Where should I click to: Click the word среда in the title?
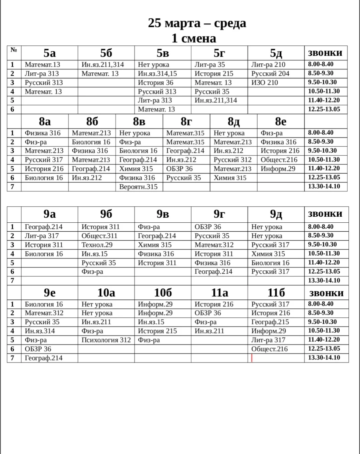pyautogui.click(x=230, y=23)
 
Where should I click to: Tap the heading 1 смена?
pyautogui.click(x=194, y=38)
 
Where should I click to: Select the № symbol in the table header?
pyautogui.click(x=14, y=50)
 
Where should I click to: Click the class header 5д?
pyautogui.click(x=276, y=53)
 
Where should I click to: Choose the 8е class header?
pyautogui.click(x=281, y=122)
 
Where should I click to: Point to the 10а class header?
pyautogui.click(x=106, y=293)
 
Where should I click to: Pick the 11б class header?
pyautogui.click(x=276, y=293)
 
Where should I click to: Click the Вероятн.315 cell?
pyautogui.click(x=138, y=187)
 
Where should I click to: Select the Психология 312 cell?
pyautogui.click(x=106, y=340)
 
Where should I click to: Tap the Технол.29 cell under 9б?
pyautogui.click(x=97, y=245)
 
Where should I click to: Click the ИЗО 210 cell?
pyautogui.click(x=265, y=82)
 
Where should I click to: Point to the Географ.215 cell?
pyautogui.click(x=270, y=322)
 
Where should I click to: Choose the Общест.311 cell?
pyautogui.click(x=99, y=236)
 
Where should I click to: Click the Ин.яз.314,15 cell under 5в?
pyautogui.click(x=157, y=73)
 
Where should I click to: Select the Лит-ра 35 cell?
pyautogui.click(x=210, y=64)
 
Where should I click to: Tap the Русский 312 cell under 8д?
pyautogui.click(x=233, y=160)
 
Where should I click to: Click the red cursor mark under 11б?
pyautogui.click(x=252, y=358)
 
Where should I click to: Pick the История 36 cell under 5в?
pyautogui.click(x=156, y=82)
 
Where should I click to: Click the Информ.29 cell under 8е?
pyautogui.click(x=278, y=169)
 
